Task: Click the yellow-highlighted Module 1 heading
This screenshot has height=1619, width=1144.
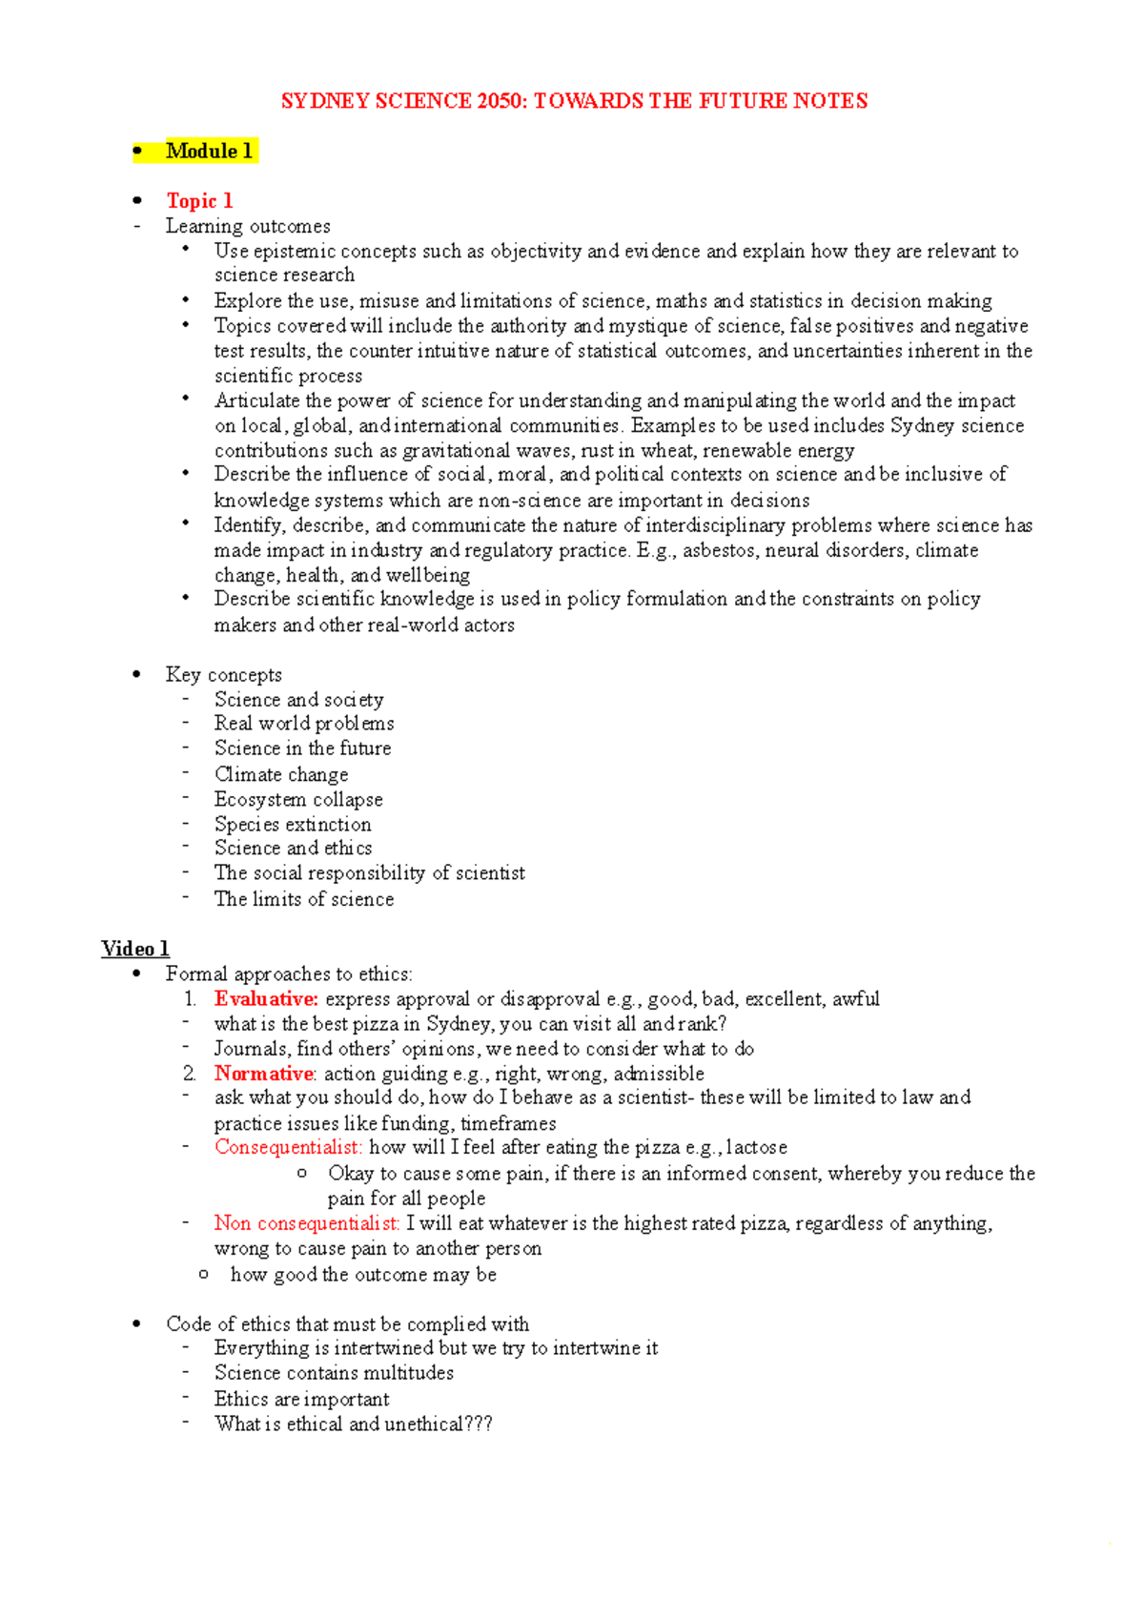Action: point(209,151)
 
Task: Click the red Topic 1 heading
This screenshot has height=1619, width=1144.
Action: point(199,200)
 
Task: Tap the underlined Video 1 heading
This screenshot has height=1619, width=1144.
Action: point(135,949)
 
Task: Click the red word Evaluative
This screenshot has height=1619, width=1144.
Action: point(266,999)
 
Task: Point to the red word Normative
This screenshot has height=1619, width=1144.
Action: point(264,1074)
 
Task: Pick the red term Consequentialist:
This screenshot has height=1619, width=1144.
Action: point(288,1147)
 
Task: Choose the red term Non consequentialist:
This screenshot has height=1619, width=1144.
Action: point(307,1223)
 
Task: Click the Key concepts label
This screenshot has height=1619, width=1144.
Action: point(224,675)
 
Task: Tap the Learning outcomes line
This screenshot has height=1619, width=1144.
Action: point(248,226)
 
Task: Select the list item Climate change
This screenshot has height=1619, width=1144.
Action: point(281,774)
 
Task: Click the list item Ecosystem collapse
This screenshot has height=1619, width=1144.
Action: point(298,799)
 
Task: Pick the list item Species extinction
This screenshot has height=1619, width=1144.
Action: point(293,824)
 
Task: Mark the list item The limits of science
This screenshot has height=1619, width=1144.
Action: point(304,898)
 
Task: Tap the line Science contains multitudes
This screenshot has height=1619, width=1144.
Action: point(334,1373)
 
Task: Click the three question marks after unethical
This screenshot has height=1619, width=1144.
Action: point(479,1424)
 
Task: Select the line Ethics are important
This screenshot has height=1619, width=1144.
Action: point(301,1399)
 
